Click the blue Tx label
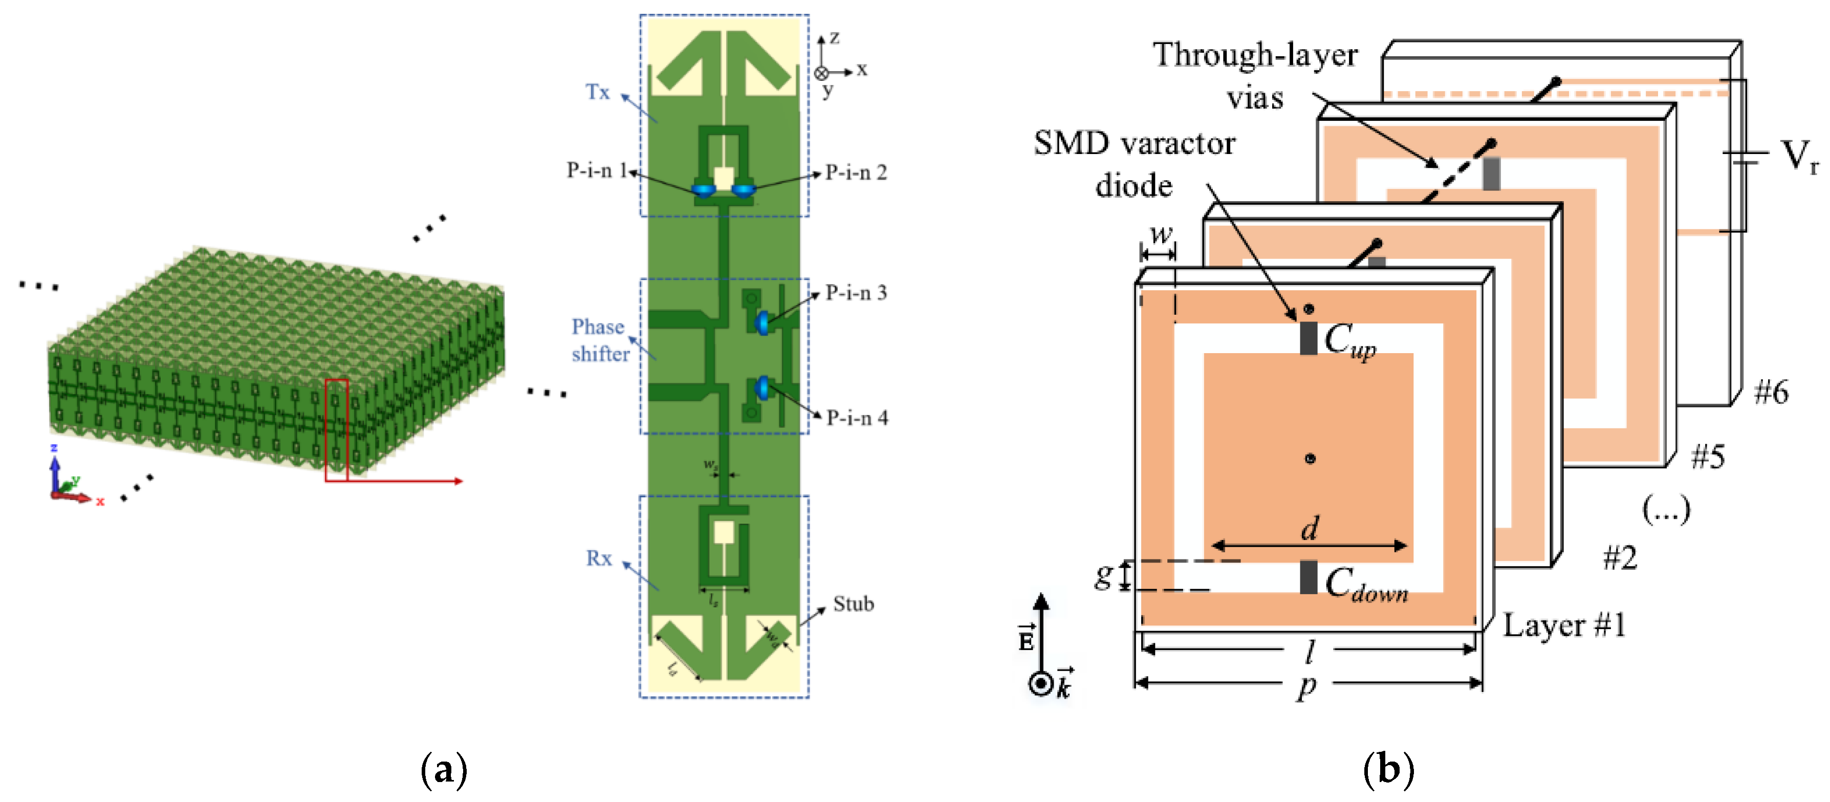click(597, 92)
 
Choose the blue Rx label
click(598, 558)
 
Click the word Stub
click(853, 604)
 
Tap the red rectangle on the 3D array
click(336, 430)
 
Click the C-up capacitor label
click(1350, 340)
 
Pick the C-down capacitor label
click(1365, 584)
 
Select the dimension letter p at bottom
click(1306, 686)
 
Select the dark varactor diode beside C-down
click(1309, 577)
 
